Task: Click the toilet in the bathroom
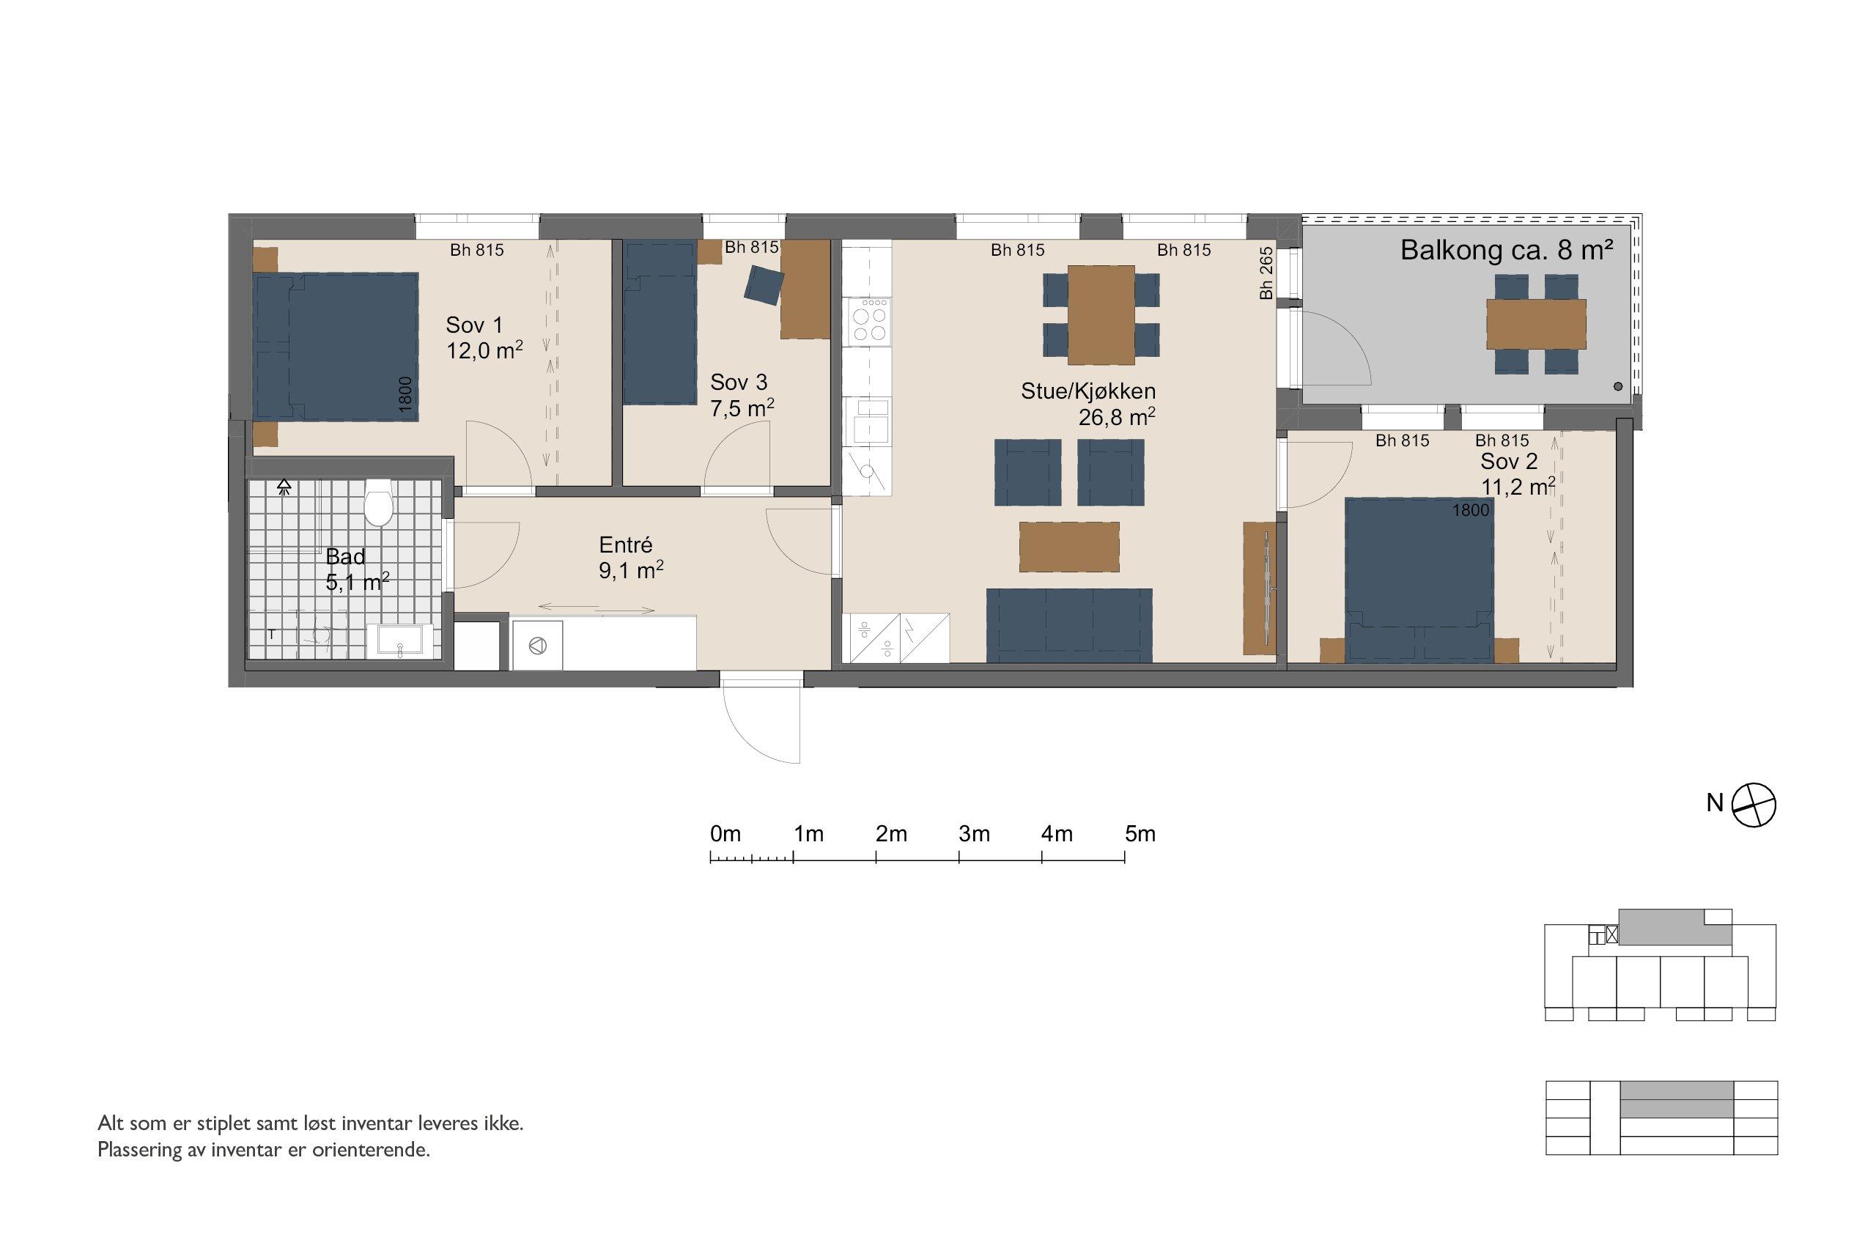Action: tap(378, 502)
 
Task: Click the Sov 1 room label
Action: tap(474, 325)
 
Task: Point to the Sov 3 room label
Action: tap(739, 382)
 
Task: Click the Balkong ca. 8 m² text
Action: tap(1507, 251)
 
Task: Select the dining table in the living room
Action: tap(1101, 314)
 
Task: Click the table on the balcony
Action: tap(1536, 324)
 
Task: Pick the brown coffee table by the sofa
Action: tap(1069, 547)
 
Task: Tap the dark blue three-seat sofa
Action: tap(1069, 626)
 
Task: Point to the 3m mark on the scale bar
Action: tap(959, 857)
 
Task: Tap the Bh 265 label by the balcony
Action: tap(1266, 273)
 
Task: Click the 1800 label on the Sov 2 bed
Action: tap(1471, 510)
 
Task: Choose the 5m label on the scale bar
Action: tap(1140, 835)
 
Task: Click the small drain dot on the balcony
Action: tap(1617, 387)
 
